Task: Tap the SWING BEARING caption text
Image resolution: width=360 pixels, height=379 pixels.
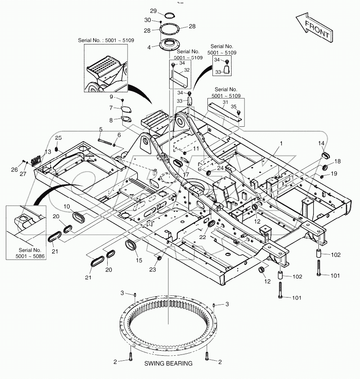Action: [x=168, y=363]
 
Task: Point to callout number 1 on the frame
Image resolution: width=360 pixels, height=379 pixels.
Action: [x=281, y=143]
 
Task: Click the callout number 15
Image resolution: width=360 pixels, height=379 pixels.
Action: [x=139, y=261]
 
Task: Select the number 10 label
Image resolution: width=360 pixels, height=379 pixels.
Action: [x=67, y=207]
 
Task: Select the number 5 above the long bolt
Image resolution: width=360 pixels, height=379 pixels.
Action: [x=100, y=129]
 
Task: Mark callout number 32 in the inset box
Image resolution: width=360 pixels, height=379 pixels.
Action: [x=187, y=70]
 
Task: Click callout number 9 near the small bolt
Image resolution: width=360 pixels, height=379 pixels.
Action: [x=111, y=97]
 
